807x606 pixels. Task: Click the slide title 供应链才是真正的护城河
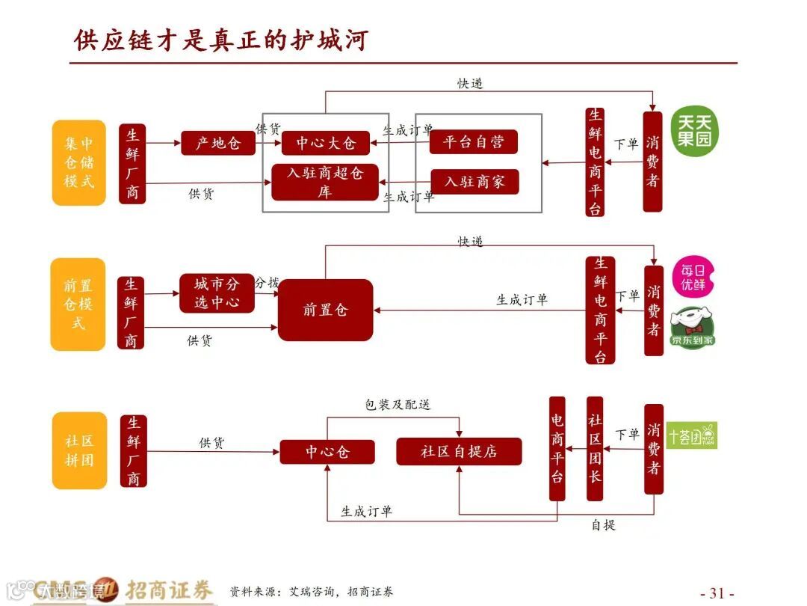(x=221, y=39)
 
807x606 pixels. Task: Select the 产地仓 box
(x=218, y=142)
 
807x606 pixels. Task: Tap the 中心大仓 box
(x=326, y=142)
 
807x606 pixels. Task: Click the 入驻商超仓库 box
(x=325, y=182)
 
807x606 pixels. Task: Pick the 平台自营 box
(x=474, y=142)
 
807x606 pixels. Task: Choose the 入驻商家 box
(x=474, y=182)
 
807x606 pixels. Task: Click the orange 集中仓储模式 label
(x=78, y=162)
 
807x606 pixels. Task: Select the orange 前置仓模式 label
(x=78, y=304)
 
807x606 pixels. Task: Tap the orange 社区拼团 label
(x=78, y=450)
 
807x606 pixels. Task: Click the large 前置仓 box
(x=325, y=310)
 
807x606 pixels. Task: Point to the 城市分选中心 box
(x=217, y=293)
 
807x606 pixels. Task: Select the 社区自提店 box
(x=459, y=451)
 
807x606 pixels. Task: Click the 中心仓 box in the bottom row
(x=327, y=452)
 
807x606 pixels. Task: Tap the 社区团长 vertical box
(x=595, y=448)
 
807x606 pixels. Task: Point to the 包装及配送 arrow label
(x=398, y=405)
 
